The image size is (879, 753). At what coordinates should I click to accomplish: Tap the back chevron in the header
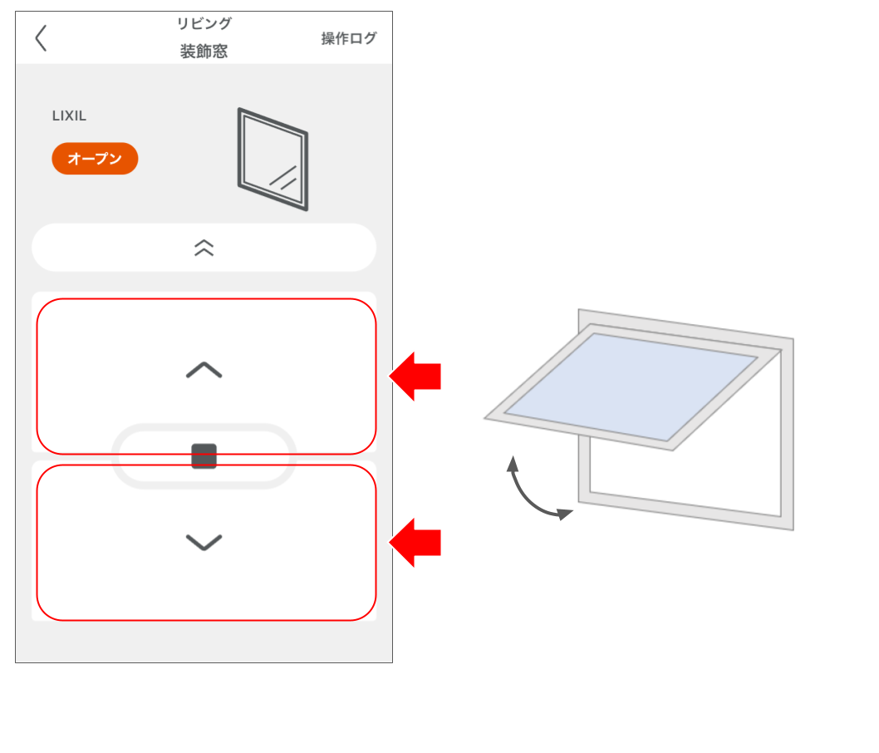[x=41, y=38]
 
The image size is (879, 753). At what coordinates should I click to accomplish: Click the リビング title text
[x=204, y=23]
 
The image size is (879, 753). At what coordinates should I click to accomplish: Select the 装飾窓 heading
[x=204, y=52]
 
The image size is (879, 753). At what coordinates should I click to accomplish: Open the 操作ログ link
[x=349, y=38]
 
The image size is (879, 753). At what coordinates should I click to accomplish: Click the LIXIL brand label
[x=69, y=116]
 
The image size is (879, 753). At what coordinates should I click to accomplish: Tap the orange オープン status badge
[x=95, y=159]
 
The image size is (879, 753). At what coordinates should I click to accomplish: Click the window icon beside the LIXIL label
[x=273, y=159]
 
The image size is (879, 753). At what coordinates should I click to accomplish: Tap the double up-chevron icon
[x=204, y=248]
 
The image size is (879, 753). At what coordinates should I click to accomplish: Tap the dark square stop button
[x=204, y=456]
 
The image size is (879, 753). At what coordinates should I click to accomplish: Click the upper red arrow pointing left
[x=415, y=376]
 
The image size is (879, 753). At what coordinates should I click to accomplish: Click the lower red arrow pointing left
[x=415, y=543]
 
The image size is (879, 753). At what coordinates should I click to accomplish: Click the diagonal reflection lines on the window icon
[x=283, y=177]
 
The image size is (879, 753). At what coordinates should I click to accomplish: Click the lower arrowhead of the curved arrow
[x=567, y=514]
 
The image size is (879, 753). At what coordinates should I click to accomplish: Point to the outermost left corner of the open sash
[x=487, y=419]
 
